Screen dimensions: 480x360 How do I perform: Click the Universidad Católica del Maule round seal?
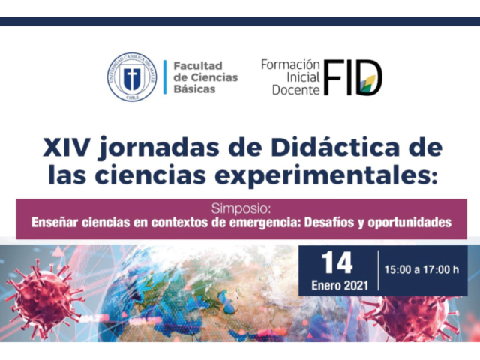tap(132, 76)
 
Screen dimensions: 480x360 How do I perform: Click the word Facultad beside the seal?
tap(198, 65)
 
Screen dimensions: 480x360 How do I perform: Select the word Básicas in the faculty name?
tap(195, 88)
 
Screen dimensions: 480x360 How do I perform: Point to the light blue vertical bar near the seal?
tap(165, 76)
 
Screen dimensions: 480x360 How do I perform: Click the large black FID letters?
tap(353, 77)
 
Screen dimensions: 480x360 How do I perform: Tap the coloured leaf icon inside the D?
tap(367, 83)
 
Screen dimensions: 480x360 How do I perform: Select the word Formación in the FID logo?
tap(290, 65)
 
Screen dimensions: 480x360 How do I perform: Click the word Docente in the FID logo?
tap(295, 90)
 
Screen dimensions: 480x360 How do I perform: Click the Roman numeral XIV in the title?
tap(66, 148)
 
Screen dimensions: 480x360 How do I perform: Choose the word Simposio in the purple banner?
tap(241, 208)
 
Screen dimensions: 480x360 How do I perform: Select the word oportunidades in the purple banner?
tap(409, 223)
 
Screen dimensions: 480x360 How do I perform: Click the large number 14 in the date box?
tap(337, 263)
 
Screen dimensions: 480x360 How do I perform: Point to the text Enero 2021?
tap(340, 285)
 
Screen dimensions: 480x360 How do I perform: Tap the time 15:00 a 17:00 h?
tap(421, 270)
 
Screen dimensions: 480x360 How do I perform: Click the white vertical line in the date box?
tap(378, 270)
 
